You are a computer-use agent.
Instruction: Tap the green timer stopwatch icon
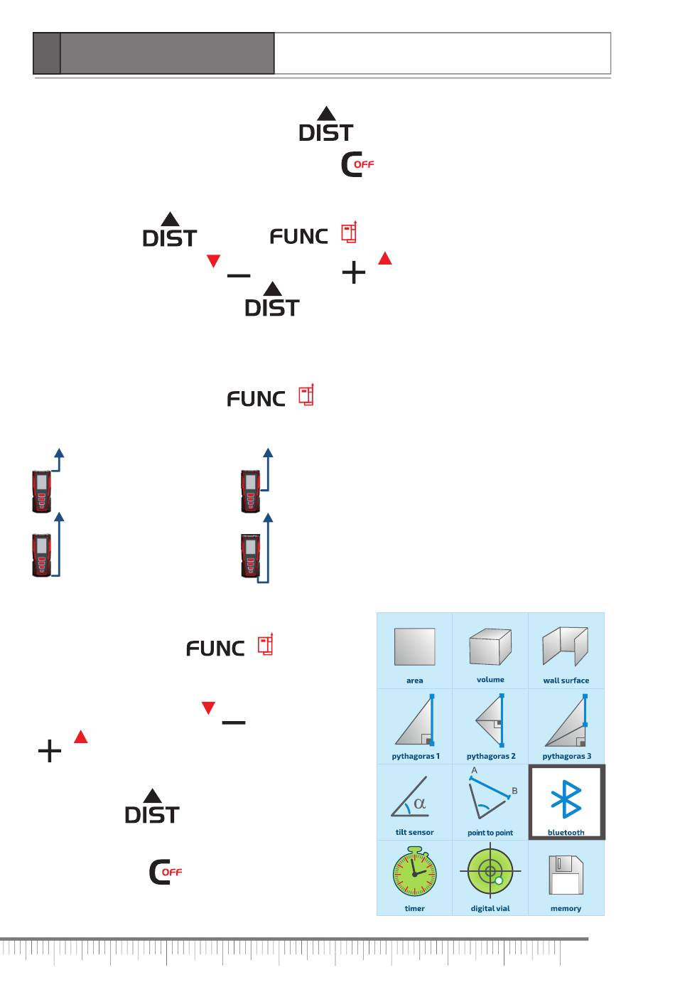pos(414,873)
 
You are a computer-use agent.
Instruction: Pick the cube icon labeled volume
pos(490,646)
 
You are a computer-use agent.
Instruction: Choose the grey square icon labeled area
pos(414,646)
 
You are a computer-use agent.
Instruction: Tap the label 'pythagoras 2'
pos(491,756)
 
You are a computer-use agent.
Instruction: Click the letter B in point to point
pos(514,791)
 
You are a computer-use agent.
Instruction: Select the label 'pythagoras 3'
pos(566,756)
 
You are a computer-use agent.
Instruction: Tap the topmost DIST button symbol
pos(325,126)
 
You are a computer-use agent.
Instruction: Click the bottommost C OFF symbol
pos(165,872)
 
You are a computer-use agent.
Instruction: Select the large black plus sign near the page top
pos(354,272)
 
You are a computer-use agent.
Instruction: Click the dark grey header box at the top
pos(167,53)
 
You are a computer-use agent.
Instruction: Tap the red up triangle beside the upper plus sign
pos(384,258)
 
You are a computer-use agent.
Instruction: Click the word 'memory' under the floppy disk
pos(566,908)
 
